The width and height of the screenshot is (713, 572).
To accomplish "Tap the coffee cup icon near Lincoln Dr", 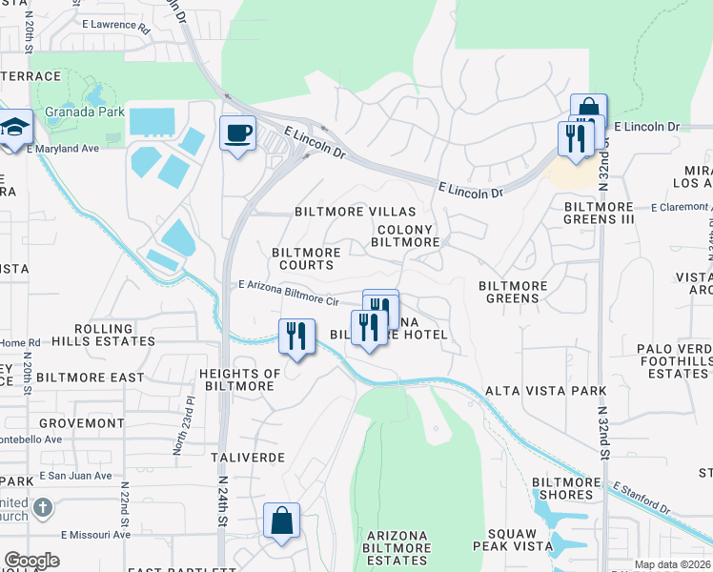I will coord(237,133).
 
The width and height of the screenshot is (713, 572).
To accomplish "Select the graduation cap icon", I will coord(16,129).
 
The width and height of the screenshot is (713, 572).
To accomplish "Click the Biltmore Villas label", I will coord(356,212).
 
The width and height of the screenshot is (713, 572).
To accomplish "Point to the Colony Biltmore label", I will coord(405,236).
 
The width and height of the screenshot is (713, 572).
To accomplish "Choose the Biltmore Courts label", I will coord(306,258).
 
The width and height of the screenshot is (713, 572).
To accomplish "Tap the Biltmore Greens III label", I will coord(599,213).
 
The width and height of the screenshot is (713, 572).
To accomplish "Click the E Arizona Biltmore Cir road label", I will coord(290,293).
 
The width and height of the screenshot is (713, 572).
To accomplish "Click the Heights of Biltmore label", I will coord(238,379).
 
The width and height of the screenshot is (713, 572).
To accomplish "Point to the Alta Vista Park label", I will coord(545,391).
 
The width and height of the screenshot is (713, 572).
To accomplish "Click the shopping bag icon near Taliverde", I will coord(281,521).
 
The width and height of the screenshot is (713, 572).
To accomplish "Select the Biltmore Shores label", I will coord(562,488).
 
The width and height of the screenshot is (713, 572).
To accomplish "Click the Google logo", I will coord(31,561).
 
